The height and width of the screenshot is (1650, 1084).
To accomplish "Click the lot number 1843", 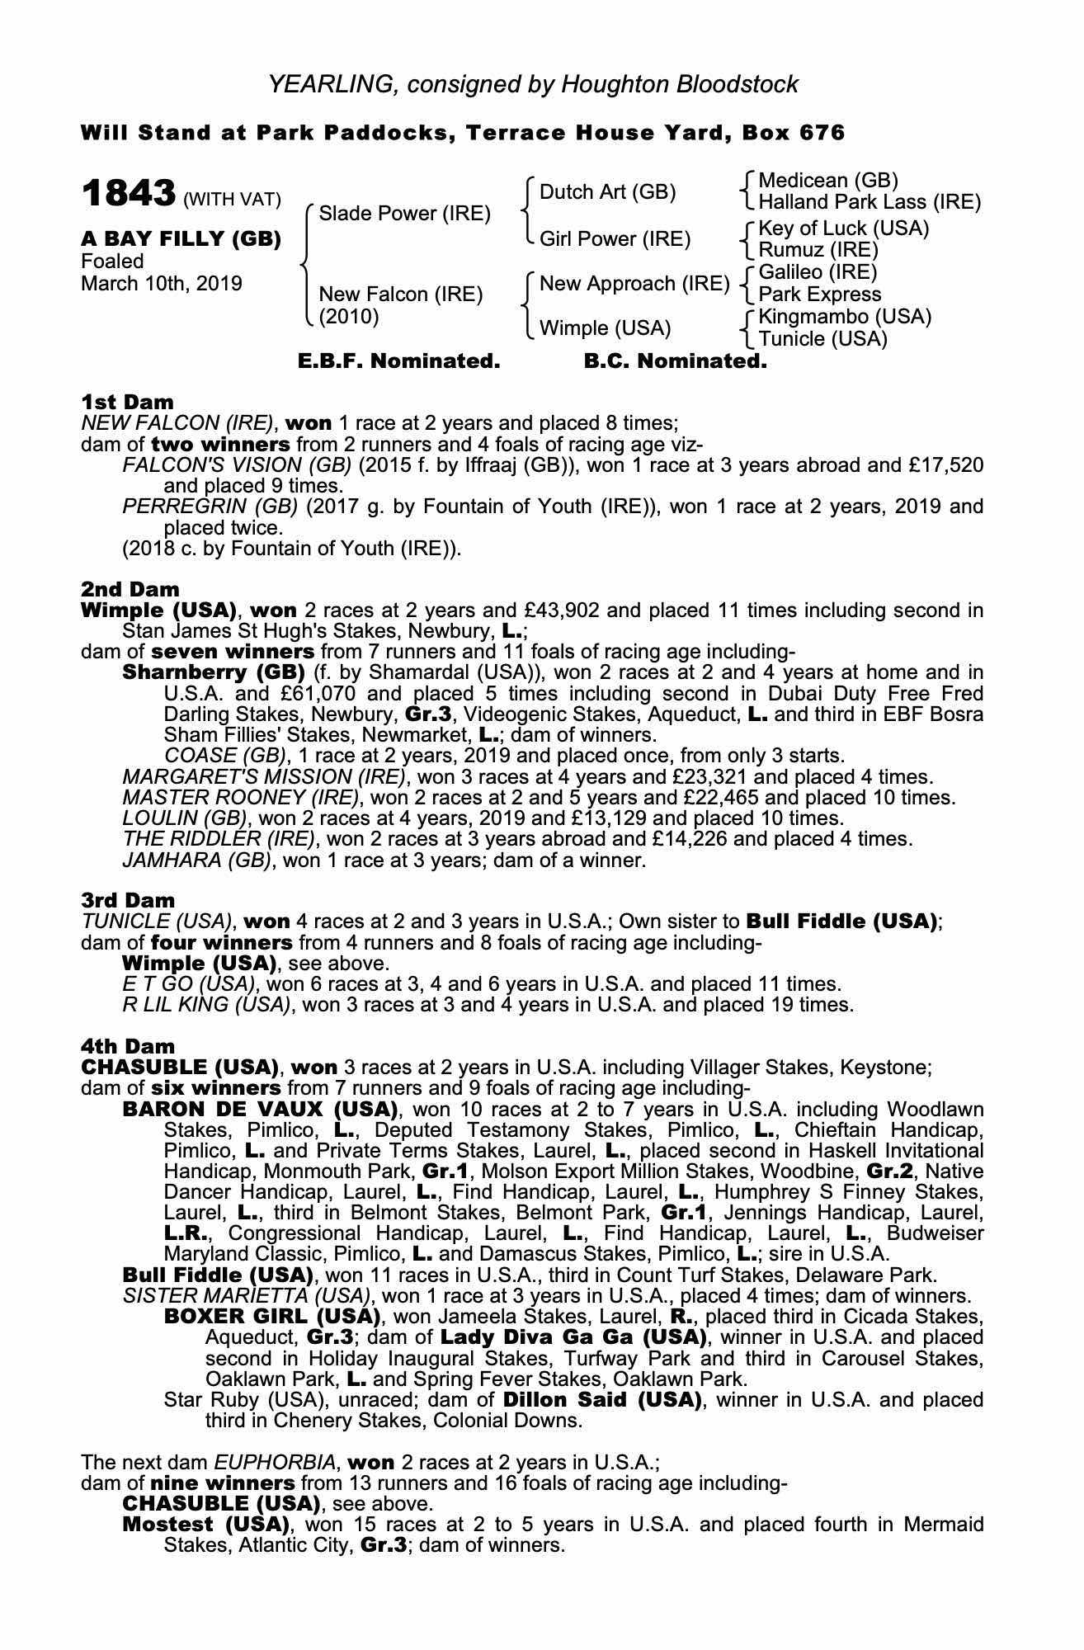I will pos(128,195).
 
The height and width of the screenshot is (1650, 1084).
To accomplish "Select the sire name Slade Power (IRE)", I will pos(404,214).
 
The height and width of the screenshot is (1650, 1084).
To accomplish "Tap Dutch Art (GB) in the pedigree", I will pos(607,192).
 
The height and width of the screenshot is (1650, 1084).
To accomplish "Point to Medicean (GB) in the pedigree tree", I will pos(828,181).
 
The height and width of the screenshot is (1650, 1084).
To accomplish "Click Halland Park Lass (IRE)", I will pos(870,202).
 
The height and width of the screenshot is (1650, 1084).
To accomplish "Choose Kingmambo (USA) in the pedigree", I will pos(845,317).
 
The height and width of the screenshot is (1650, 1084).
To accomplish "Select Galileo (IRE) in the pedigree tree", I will pos(818,272).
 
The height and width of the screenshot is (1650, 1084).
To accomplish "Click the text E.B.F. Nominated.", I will pos(398,361).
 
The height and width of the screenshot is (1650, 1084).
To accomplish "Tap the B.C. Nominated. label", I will pos(675,361).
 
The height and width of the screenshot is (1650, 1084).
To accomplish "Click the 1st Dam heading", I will pos(127,403).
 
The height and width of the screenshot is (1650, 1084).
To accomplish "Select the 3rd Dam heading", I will pos(128,900).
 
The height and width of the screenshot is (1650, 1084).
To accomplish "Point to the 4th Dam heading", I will pos(128,1047).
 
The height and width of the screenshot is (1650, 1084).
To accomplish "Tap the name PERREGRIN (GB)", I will pos(210,507).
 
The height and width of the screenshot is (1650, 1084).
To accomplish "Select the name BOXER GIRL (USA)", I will pos(272,1316).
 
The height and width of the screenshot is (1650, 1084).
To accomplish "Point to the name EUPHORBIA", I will pos(275,1463).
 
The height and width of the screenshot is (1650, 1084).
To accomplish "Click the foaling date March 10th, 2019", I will pos(162,284).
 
